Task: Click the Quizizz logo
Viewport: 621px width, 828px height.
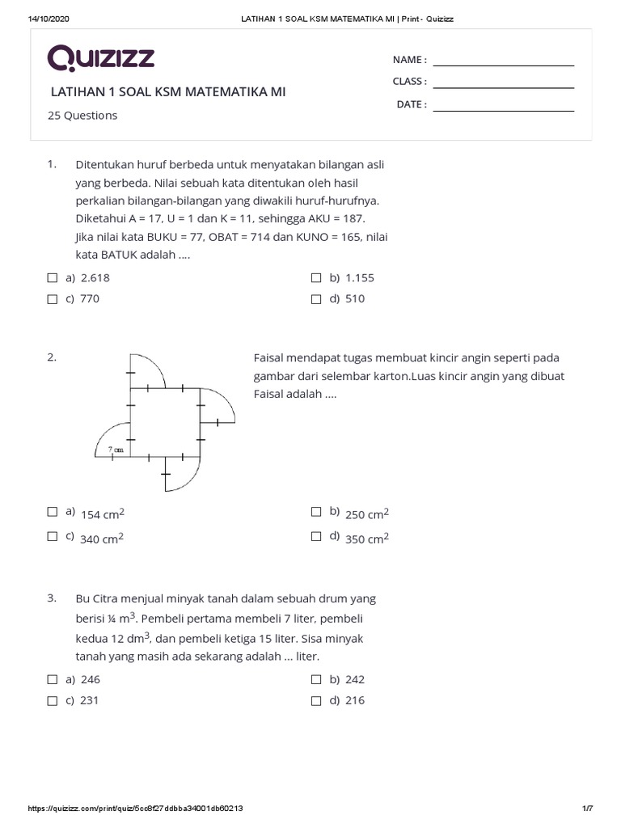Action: tap(100, 58)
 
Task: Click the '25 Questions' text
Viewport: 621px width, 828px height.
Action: tap(82, 116)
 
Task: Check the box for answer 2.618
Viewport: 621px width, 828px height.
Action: tap(53, 277)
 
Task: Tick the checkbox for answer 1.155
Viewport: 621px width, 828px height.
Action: tap(316, 277)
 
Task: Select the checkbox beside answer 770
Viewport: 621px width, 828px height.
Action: tap(53, 298)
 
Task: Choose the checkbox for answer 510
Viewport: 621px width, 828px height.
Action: tap(316, 298)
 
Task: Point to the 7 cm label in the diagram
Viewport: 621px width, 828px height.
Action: tap(116, 450)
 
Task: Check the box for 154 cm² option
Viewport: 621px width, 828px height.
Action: tap(53, 511)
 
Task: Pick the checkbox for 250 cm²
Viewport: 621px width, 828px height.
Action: tap(316, 511)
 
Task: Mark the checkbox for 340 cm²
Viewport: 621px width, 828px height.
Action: tap(53, 535)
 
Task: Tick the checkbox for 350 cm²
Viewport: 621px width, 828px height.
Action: tap(316, 535)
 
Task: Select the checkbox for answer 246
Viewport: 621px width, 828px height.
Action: tap(53, 679)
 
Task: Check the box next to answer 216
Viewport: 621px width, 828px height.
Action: tap(316, 700)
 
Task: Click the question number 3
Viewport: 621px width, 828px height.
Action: tap(52, 598)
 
